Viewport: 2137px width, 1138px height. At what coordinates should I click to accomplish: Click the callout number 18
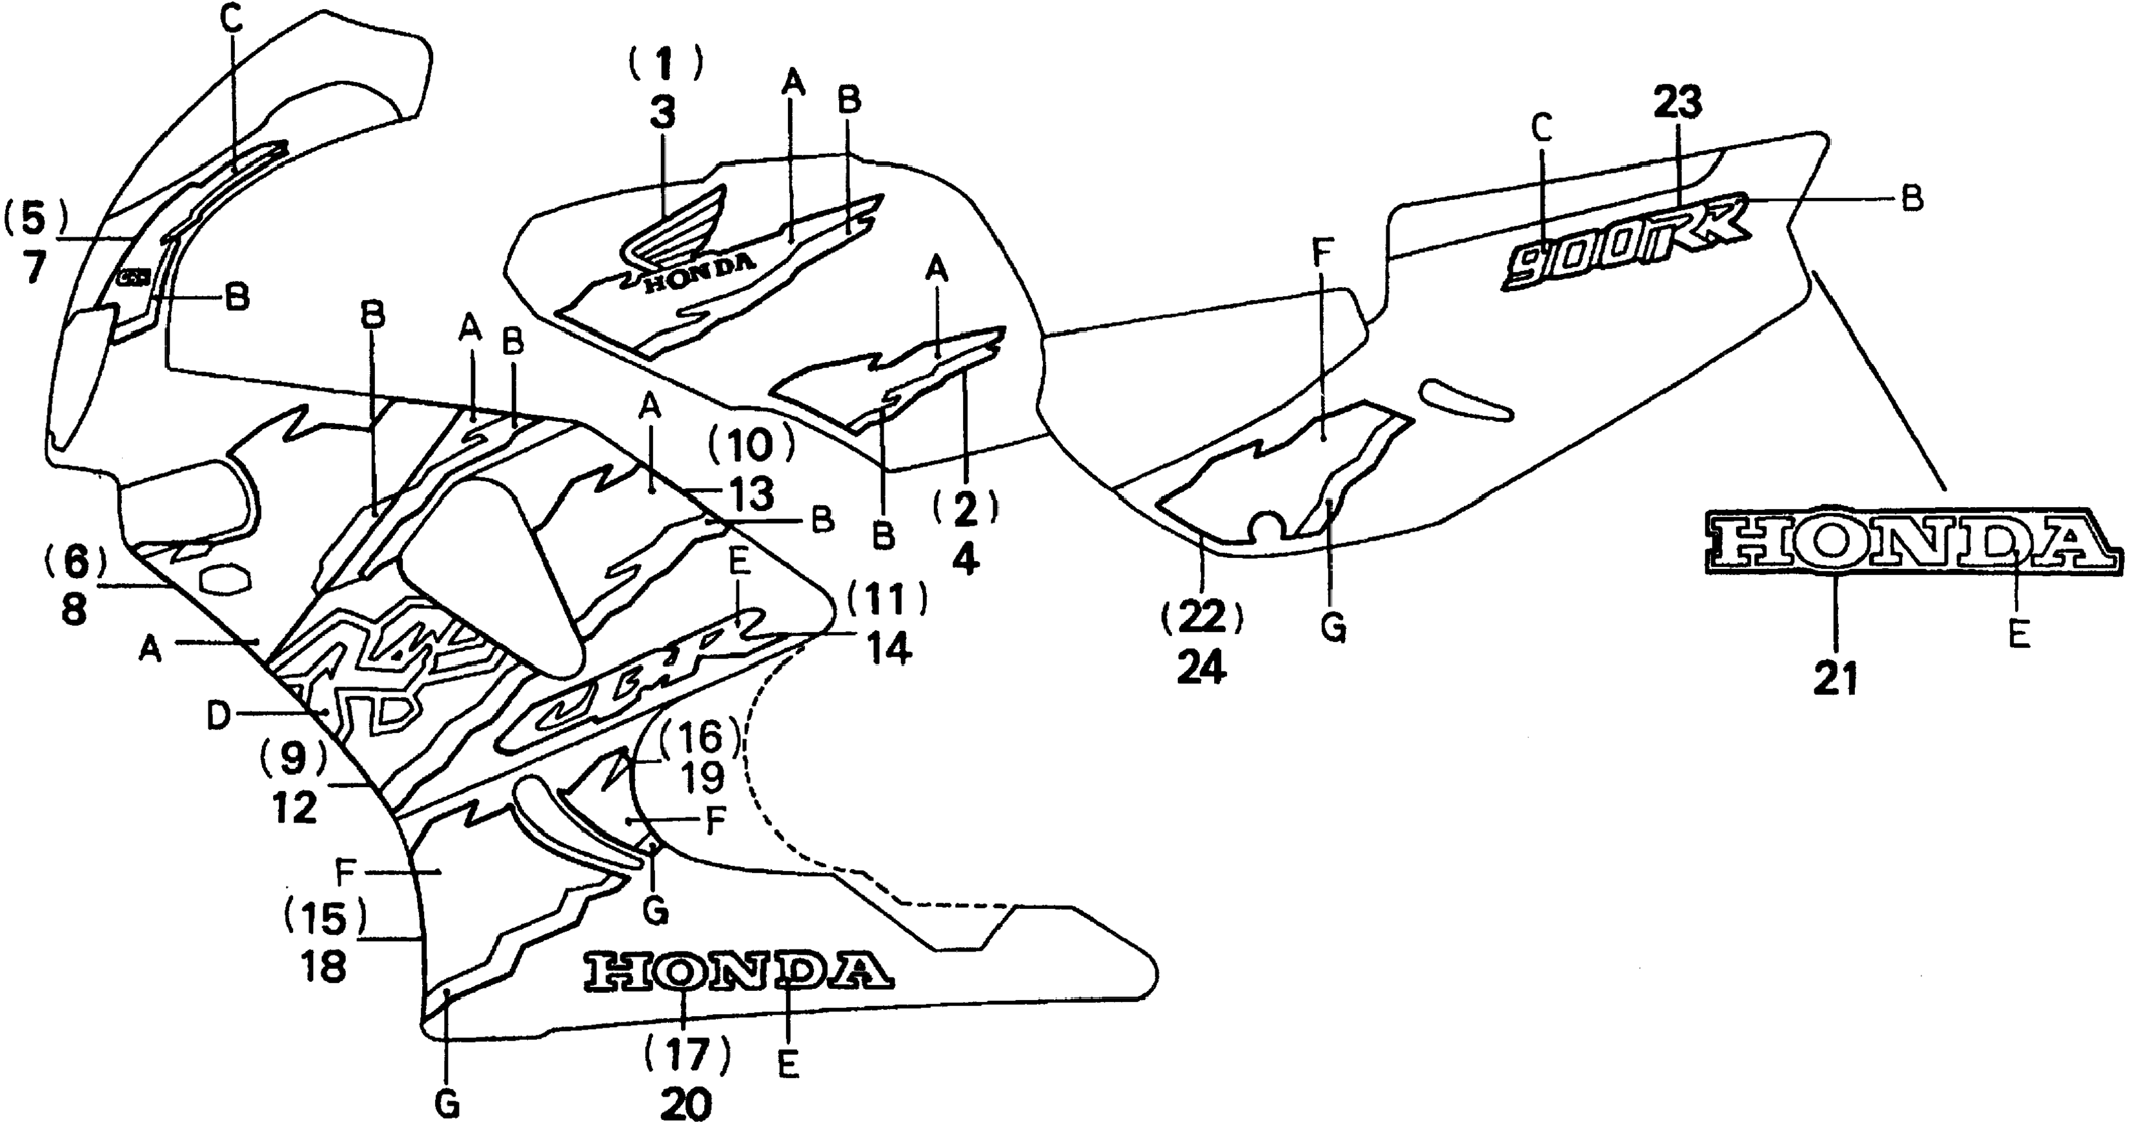click(x=323, y=966)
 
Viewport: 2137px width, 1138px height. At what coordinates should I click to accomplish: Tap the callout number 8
click(x=74, y=610)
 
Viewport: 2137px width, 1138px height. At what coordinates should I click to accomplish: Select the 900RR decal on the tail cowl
click(x=1626, y=245)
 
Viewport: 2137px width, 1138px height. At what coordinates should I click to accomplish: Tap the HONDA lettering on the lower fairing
click(x=738, y=970)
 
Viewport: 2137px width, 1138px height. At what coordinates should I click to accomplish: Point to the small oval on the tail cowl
click(x=1466, y=401)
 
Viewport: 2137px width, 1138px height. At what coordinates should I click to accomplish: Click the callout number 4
click(x=965, y=561)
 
